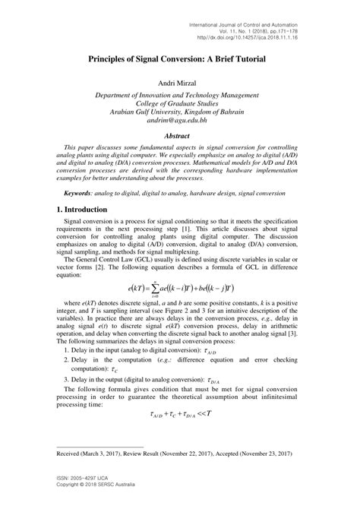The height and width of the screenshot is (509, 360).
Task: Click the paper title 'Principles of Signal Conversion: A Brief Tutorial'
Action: tap(180, 57)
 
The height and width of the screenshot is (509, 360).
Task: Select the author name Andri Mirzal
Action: tap(180, 82)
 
